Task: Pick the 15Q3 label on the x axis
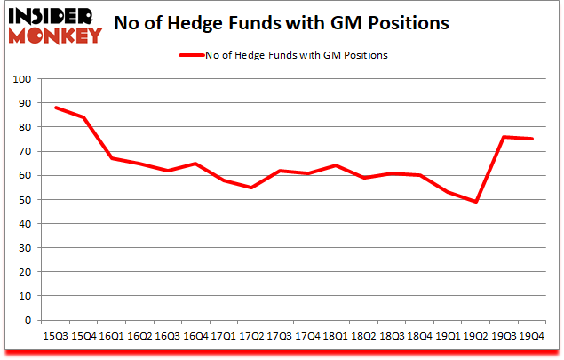pyautogui.click(x=55, y=336)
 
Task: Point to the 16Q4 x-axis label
pyautogui.click(x=196, y=336)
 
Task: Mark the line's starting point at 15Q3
pyautogui.click(x=55, y=108)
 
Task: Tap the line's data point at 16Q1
pyautogui.click(x=112, y=158)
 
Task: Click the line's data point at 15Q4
pyautogui.click(x=83, y=117)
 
